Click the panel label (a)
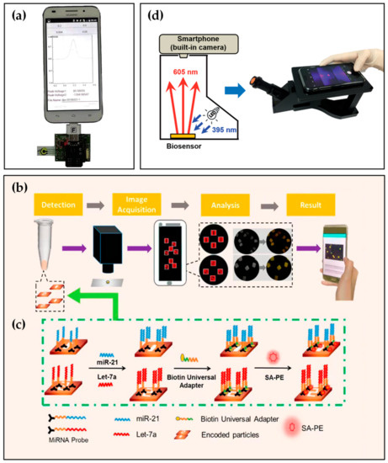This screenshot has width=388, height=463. coord(16,14)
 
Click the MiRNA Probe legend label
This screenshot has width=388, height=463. coord(56,446)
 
